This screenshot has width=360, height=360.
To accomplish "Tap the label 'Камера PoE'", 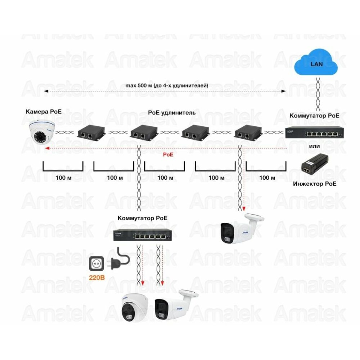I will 44,112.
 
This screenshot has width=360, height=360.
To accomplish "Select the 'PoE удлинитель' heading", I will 172,112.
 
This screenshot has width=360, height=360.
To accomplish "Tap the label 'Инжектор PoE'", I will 315,184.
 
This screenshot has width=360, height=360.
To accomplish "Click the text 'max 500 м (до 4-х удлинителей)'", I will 166,86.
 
